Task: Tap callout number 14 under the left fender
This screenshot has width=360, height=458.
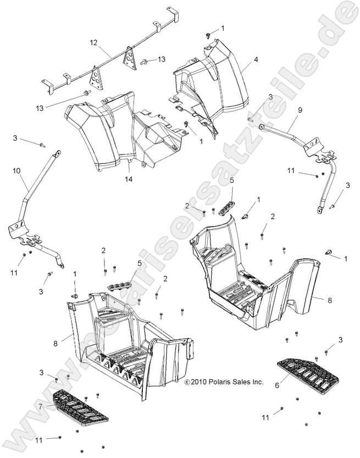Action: coord(129,179)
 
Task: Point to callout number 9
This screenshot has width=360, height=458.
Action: coord(300,110)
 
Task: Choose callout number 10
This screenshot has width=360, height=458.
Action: coord(16,172)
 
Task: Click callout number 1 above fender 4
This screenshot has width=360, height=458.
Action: coord(223,27)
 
